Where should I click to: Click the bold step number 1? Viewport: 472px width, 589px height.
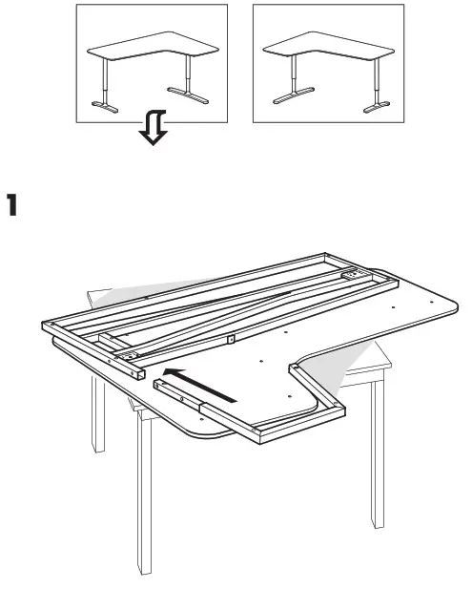[x=12, y=204]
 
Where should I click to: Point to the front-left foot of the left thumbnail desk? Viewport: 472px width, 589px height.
[x=107, y=105]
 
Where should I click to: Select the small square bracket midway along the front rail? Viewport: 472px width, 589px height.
[x=230, y=338]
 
